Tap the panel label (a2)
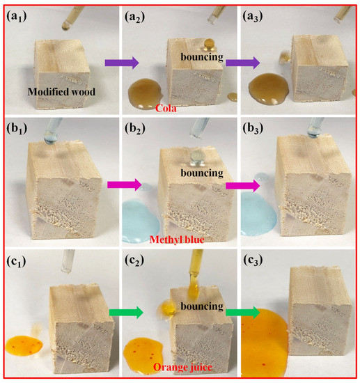[138, 15]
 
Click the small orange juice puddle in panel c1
[23, 343]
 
